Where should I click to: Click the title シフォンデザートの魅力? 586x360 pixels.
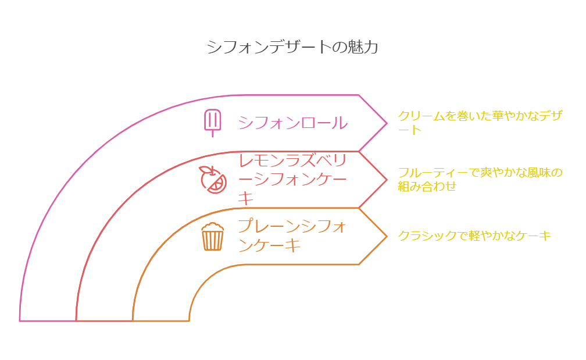(292, 47)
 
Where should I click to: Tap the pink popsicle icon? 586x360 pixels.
(213, 123)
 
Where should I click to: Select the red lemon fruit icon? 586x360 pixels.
(213, 180)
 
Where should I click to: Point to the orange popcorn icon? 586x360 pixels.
(213, 236)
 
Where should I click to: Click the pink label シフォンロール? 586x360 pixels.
(292, 123)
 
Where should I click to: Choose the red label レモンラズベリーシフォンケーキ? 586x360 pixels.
(292, 180)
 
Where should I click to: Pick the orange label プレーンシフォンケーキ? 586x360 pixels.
(292, 236)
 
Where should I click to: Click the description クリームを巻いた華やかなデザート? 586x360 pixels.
(480, 123)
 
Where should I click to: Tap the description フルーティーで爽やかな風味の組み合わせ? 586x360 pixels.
(480, 179)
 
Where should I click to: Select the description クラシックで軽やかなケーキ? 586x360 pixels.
(474, 236)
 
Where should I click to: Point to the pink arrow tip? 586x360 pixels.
(387, 123)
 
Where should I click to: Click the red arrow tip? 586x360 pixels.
(387, 180)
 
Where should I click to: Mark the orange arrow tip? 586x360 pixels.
(387, 236)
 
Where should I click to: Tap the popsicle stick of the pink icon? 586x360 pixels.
(213, 133)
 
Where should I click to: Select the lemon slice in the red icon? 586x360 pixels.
(217, 184)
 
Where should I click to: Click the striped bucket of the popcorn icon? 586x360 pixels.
(213, 240)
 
